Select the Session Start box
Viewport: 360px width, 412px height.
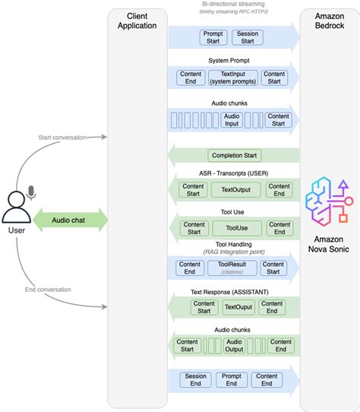[x=248, y=36]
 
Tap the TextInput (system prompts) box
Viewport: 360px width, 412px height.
[x=232, y=78]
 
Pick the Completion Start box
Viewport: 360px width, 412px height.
[x=235, y=155]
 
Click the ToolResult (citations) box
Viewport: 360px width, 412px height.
[x=232, y=268]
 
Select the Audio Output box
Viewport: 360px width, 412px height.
[x=234, y=345]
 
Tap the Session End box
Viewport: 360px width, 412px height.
[x=196, y=380]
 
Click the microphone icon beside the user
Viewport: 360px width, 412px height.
[x=31, y=192]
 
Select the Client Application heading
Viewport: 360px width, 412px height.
[x=137, y=21]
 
